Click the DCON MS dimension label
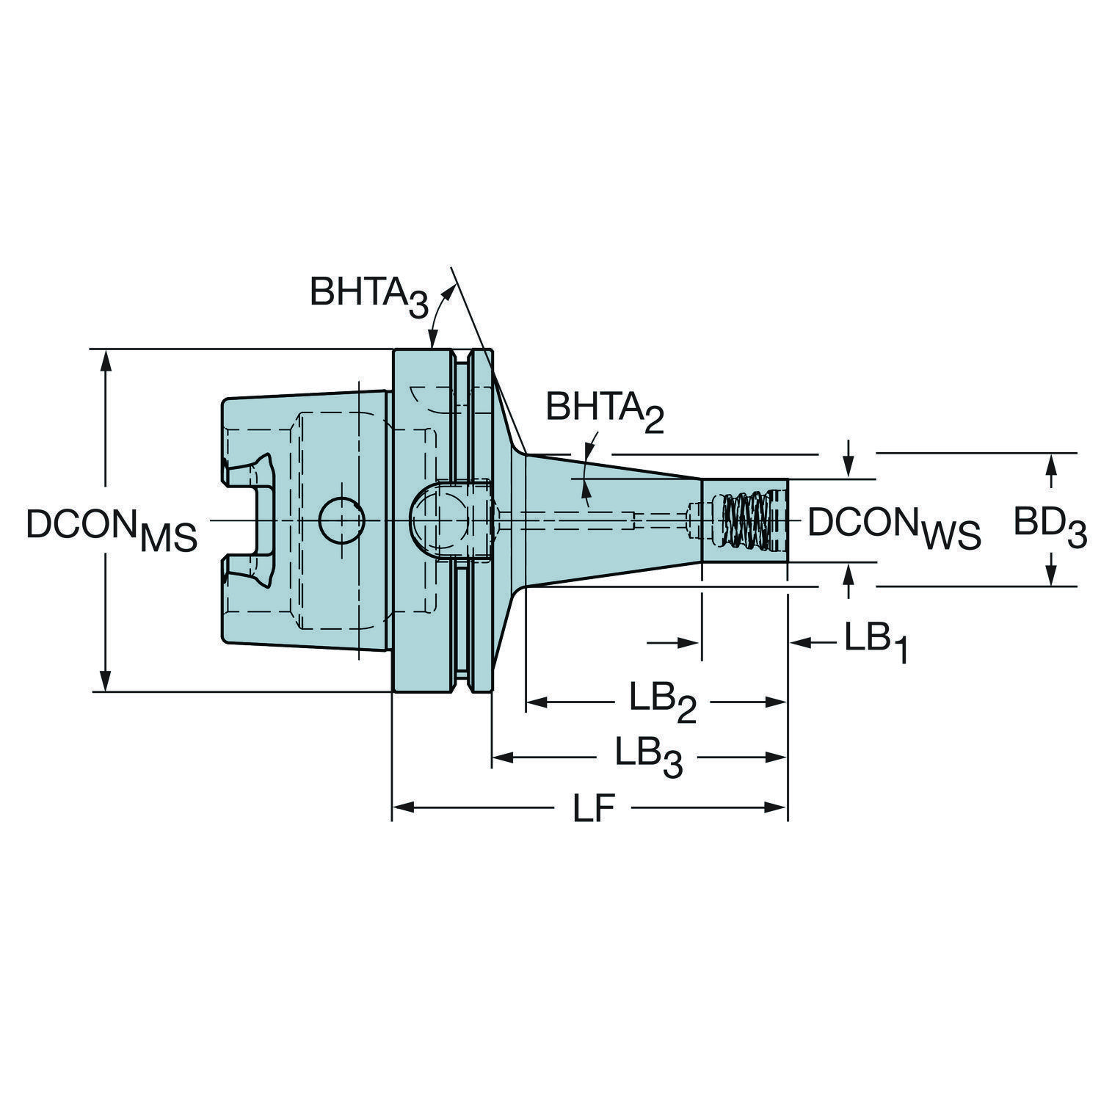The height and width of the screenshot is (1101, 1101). point(112,529)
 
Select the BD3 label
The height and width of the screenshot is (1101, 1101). point(1050,528)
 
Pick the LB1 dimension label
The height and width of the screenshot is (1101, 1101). point(875,643)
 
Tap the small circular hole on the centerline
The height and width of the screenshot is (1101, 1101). point(341,520)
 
